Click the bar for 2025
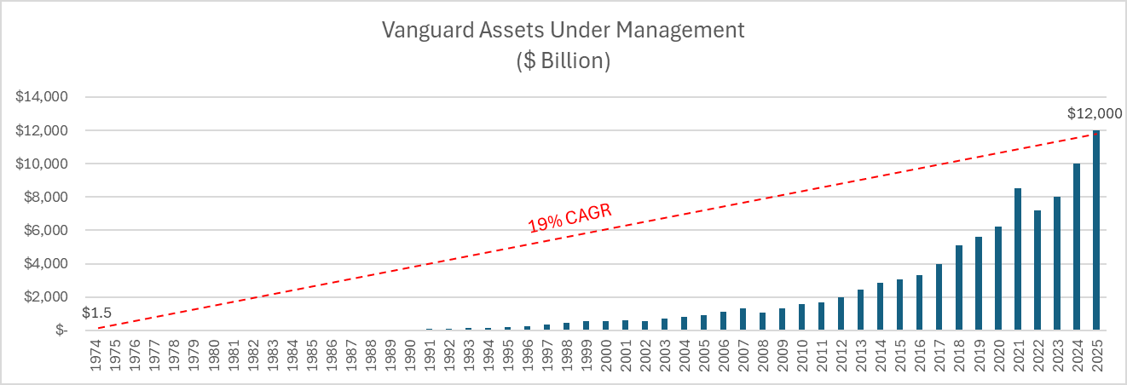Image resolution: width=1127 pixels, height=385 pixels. [x=1096, y=230]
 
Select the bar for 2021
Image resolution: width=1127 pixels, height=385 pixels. [x=1018, y=259]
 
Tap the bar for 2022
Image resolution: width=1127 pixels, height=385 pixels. [x=1037, y=270]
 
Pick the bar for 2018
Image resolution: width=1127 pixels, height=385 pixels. [x=959, y=288]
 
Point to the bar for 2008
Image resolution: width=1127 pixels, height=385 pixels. [x=763, y=321]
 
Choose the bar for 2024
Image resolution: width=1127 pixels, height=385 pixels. [x=1077, y=247]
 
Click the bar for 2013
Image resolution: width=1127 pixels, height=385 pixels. [x=861, y=309]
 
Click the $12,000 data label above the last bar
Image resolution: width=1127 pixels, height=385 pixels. [x=1095, y=113]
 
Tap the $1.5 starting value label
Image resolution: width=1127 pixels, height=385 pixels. [x=96, y=313]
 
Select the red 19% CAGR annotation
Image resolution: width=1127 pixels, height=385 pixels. [x=569, y=218]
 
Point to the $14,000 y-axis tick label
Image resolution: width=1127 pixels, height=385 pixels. [x=42, y=96]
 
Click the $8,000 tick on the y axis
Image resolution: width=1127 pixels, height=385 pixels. [x=46, y=197]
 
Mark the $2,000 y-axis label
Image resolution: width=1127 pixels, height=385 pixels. [x=46, y=297]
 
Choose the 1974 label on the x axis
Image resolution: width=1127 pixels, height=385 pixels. [x=95, y=355]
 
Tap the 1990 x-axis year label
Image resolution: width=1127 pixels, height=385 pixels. [x=409, y=355]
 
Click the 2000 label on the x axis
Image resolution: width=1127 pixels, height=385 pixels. [x=606, y=355]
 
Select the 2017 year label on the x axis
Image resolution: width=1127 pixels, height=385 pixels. [x=939, y=355]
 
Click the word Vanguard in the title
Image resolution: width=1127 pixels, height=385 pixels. [x=428, y=30]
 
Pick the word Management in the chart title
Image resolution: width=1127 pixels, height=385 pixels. [x=680, y=30]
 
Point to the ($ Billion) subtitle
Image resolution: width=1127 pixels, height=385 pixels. [x=563, y=60]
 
